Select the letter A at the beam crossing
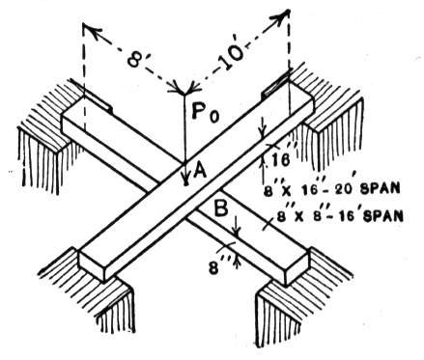click(x=199, y=169)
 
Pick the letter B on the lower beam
click(x=221, y=208)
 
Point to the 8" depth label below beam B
click(x=216, y=265)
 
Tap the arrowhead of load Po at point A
click(x=185, y=180)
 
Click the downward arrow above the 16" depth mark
click(x=264, y=127)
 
